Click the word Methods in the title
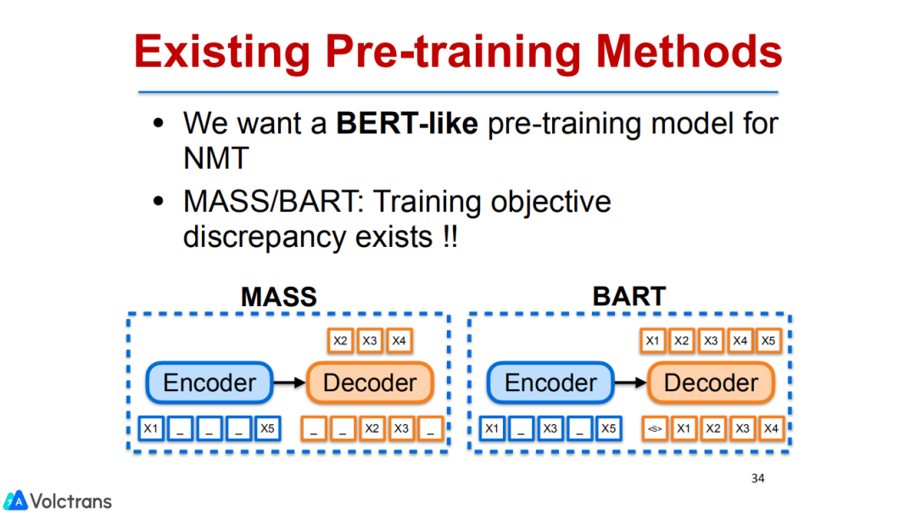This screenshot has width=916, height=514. (689, 52)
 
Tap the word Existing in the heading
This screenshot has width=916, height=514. (222, 53)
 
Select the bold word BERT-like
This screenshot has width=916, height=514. (407, 123)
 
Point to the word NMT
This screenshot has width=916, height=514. (216, 158)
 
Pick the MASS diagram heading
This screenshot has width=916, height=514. (279, 297)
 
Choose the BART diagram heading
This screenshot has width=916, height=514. (629, 296)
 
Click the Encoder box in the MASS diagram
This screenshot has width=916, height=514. (209, 383)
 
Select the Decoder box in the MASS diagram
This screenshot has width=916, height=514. (370, 383)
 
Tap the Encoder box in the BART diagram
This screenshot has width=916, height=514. (550, 383)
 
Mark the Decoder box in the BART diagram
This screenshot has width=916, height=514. (711, 383)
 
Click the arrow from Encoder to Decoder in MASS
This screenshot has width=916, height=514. (290, 383)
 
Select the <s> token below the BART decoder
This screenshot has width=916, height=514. (655, 428)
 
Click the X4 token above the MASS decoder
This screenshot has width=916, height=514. (399, 340)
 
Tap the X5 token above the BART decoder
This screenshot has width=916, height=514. (768, 340)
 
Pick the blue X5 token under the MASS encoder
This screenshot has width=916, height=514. (267, 428)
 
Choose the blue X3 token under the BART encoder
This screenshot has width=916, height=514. (550, 428)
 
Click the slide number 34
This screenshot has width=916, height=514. (757, 478)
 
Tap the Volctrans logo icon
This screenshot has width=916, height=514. (15, 500)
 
